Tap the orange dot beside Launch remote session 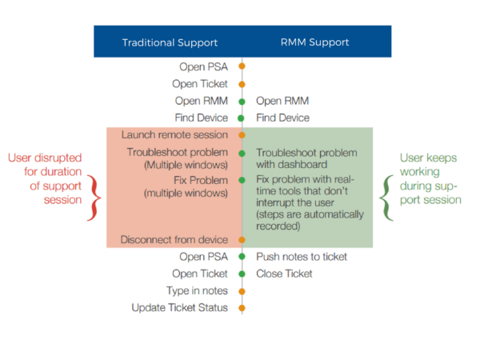[242, 134]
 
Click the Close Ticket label [284, 274]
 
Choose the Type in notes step [197, 290]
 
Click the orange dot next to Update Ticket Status [242, 307]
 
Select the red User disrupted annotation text [46, 178]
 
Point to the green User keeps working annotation [432, 178]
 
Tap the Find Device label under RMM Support [282, 118]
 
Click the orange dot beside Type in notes [242, 290]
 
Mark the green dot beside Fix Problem [242, 181]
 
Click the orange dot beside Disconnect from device [242, 239]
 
